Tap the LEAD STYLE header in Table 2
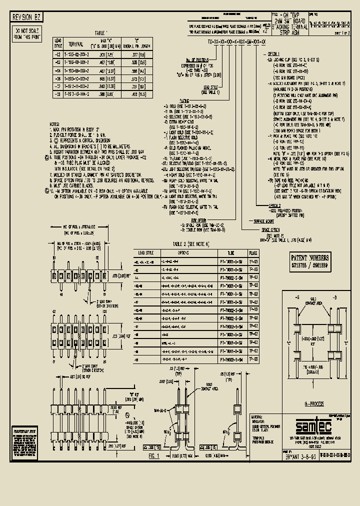(x=145, y=253)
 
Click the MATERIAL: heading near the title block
(x=258, y=416)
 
